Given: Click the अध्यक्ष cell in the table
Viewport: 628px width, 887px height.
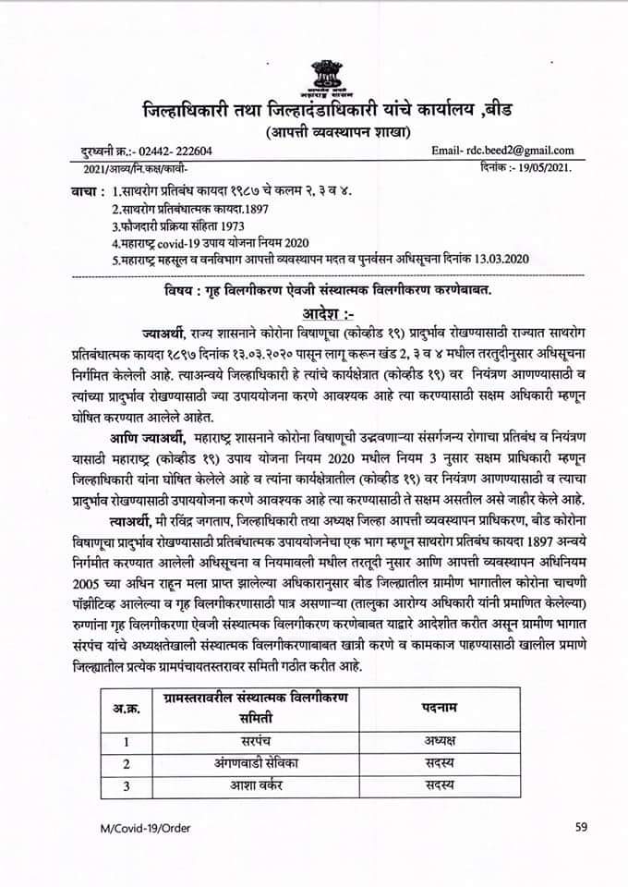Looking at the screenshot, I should [x=436, y=740].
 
